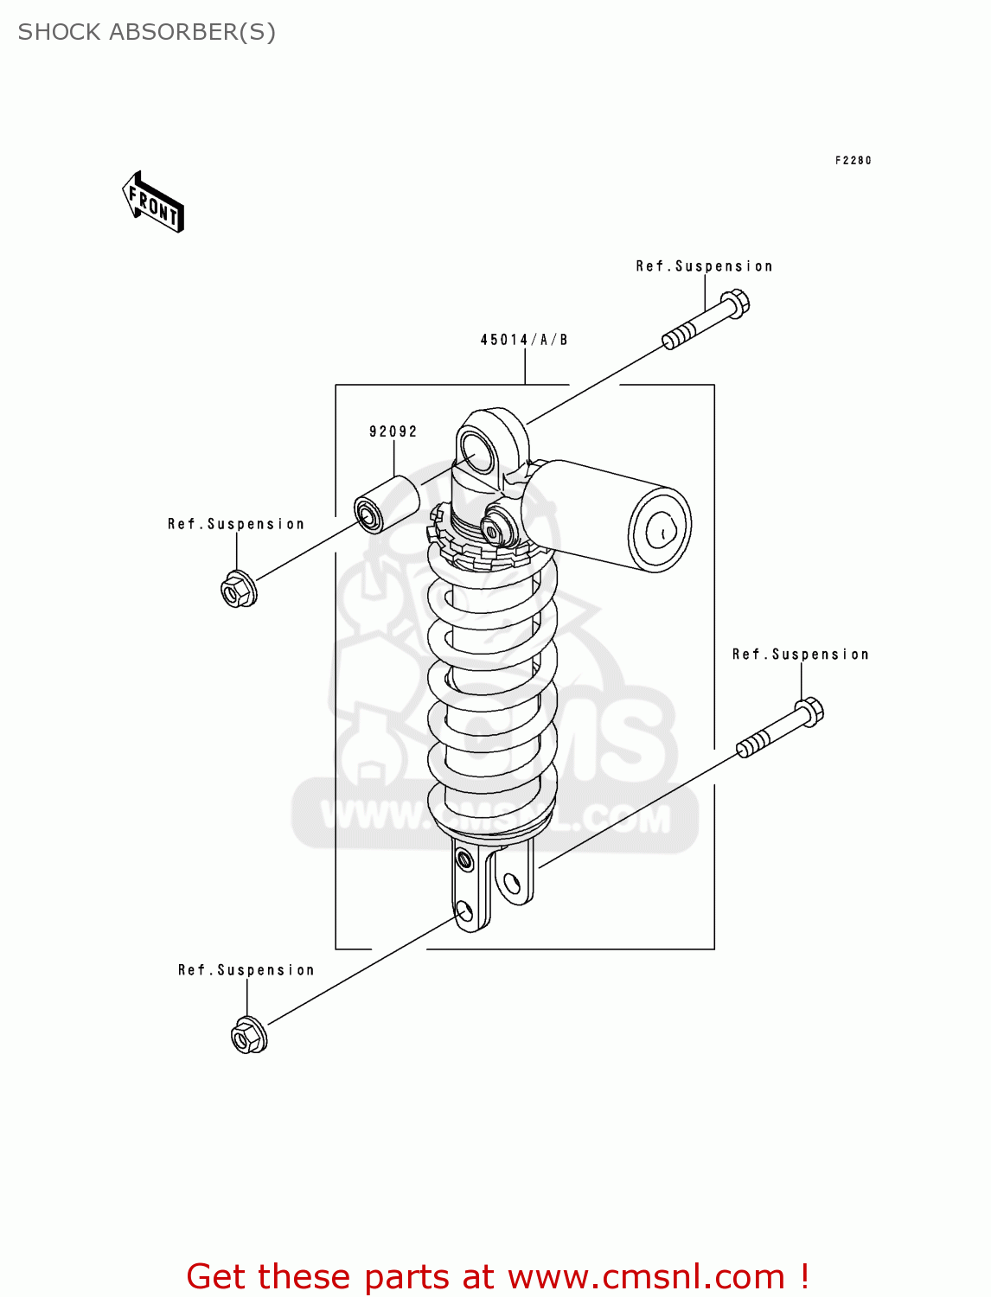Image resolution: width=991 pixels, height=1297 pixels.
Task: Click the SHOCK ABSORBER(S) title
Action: coord(146,32)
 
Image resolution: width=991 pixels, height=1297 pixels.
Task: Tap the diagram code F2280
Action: coord(853,160)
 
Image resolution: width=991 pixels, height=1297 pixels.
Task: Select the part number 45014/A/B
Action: coord(524,340)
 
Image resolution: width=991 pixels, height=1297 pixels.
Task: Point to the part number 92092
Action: coord(393,431)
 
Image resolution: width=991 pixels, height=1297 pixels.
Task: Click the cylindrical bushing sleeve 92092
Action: coord(386,504)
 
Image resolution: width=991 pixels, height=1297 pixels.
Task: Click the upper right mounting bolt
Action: coord(706,321)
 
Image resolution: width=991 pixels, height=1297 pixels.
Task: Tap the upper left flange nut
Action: coord(237,590)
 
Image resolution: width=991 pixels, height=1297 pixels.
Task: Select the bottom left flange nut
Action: coord(249,1035)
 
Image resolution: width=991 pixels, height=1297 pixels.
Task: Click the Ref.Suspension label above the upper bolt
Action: coord(704,266)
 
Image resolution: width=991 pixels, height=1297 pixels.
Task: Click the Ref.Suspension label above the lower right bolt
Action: coord(800,655)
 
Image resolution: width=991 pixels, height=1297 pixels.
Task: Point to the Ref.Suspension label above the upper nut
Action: coord(236,524)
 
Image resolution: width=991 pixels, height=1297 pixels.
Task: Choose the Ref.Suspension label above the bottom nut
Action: coord(246,970)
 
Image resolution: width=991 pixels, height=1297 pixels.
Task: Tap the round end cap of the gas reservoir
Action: coord(662,530)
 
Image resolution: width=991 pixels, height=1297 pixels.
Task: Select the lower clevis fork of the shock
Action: coord(491,886)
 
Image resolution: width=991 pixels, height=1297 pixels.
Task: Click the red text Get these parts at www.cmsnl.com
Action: coord(497,1276)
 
